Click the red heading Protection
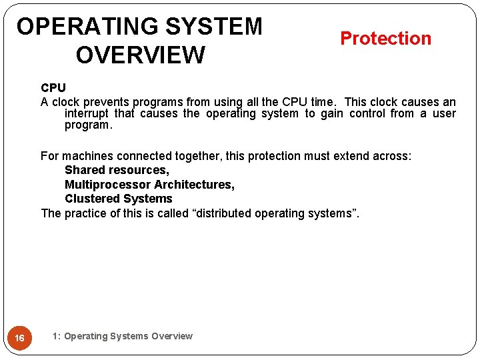pyautogui.click(x=385, y=39)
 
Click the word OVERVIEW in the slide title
pyautogui.click(x=140, y=55)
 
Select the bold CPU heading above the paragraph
pyautogui.click(x=53, y=88)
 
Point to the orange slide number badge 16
pyautogui.click(x=20, y=338)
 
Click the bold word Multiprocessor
pyautogui.click(x=107, y=185)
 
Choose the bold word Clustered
pyautogui.click(x=91, y=199)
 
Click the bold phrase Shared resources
pyautogui.click(x=117, y=170)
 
